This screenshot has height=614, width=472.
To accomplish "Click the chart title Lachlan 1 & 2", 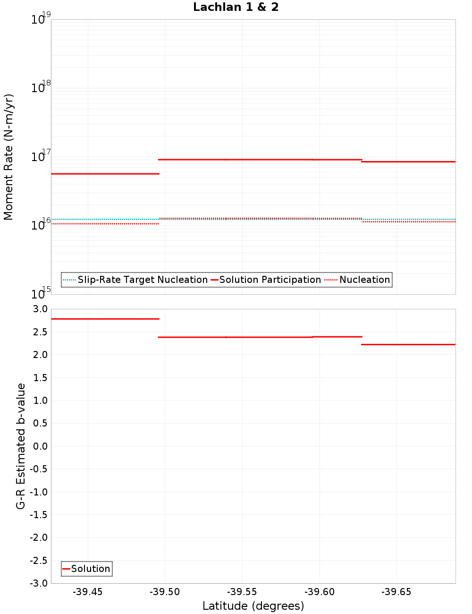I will (236, 7).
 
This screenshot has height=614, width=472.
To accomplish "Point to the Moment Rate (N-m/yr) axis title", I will (8, 157).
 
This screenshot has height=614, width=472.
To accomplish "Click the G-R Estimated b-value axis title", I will (21, 446).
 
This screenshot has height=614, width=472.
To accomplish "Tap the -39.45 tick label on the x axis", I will (87, 592).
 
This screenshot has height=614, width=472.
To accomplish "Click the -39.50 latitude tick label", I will (165, 592).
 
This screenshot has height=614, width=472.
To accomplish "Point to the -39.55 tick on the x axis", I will (242, 592).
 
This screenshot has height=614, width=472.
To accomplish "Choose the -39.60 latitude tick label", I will (320, 592).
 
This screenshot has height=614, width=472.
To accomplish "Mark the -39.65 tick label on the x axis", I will (396, 592).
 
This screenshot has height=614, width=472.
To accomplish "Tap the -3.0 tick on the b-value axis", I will (39, 584).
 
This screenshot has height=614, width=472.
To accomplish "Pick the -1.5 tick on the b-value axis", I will (39, 515).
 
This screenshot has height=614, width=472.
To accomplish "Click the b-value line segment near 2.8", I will (105, 319).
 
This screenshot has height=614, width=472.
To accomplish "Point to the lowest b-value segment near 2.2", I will (408, 344).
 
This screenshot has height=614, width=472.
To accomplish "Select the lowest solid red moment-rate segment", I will (105, 174).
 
